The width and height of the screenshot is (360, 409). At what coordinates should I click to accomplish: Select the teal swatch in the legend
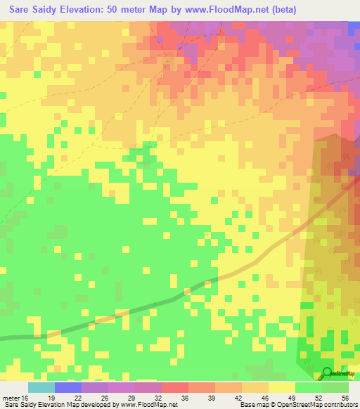[x=41, y=387]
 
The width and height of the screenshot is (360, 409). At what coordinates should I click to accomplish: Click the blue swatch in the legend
[x=68, y=387]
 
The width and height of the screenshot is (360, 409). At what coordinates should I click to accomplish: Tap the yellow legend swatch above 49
[x=281, y=387]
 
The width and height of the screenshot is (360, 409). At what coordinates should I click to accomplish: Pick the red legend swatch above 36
[x=174, y=387]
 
